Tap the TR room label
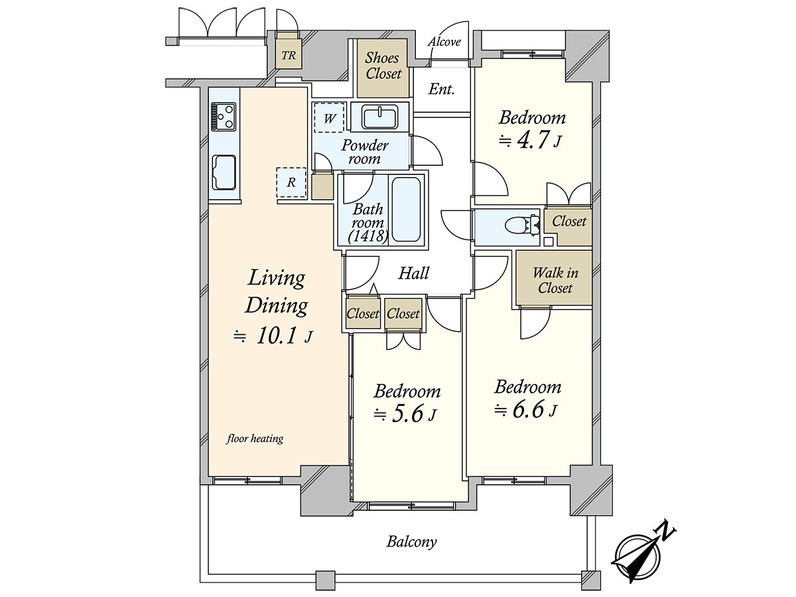click(x=289, y=56)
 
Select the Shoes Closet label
click(x=383, y=66)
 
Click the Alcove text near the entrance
click(x=444, y=42)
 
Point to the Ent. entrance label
click(x=441, y=90)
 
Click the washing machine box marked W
click(x=329, y=119)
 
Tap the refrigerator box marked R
click(x=291, y=182)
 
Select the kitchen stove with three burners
click(x=224, y=117)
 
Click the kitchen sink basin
click(x=224, y=172)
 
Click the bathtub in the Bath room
click(x=406, y=209)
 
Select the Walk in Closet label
click(x=555, y=280)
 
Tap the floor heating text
click(x=255, y=438)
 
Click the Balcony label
click(x=411, y=542)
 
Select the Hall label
click(x=414, y=273)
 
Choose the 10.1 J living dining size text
click(x=274, y=336)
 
